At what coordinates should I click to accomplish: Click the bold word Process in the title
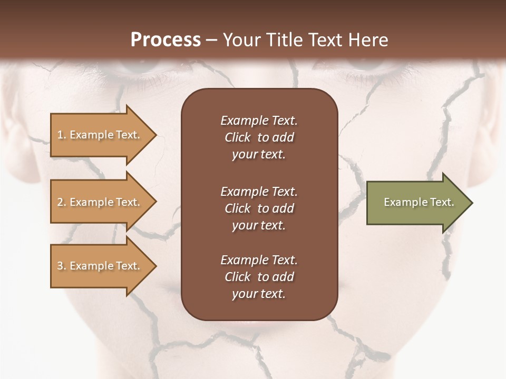pos(166,39)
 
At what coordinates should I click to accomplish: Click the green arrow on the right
pos(416,202)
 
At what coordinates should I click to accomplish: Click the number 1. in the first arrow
pos(61,135)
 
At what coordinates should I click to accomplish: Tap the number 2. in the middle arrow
pos(61,202)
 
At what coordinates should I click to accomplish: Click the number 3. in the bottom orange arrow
pos(61,266)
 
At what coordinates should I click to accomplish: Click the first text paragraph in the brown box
pos(259,137)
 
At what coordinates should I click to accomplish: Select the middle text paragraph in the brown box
pos(259,208)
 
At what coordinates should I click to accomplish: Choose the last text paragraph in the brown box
pos(259,277)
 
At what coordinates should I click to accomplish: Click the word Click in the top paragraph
pos(238,137)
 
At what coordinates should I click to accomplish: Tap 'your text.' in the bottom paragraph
pos(259,294)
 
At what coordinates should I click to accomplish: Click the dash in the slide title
pos(211,40)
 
